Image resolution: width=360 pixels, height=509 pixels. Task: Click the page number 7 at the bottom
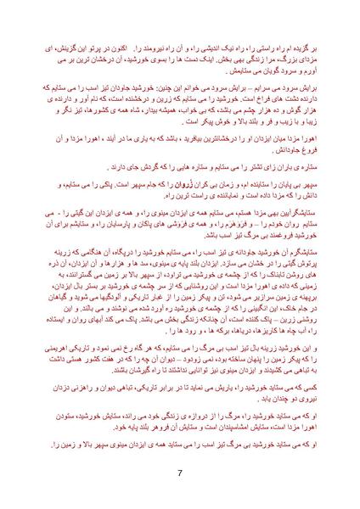(180, 473)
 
